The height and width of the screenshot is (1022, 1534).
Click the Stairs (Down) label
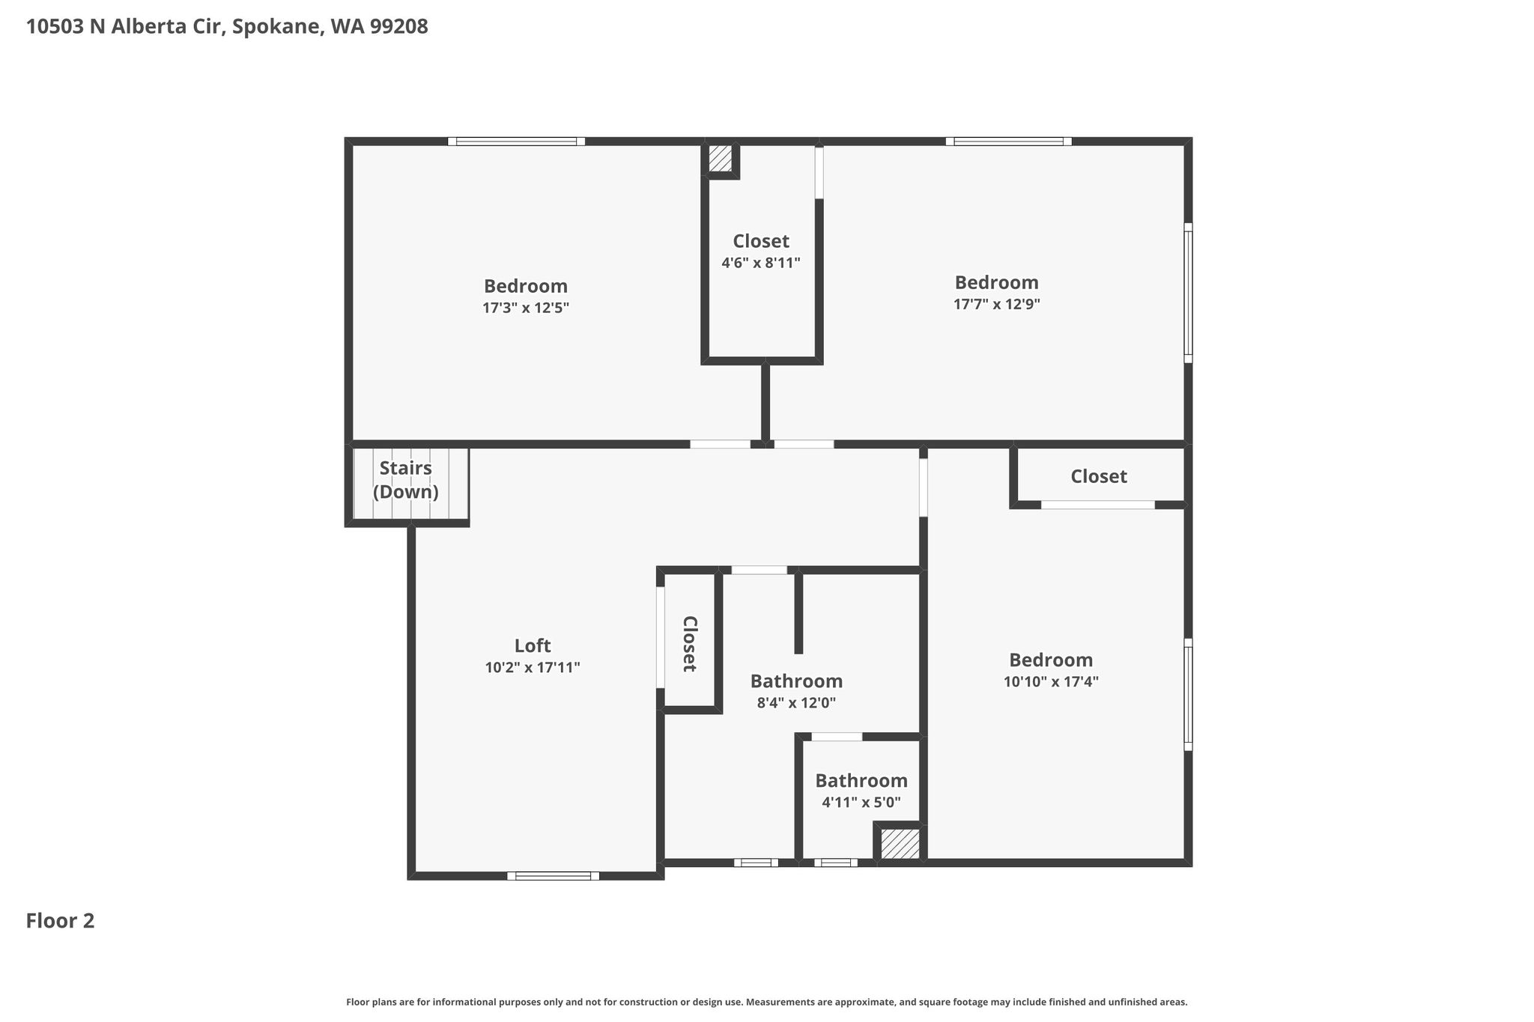click(x=405, y=480)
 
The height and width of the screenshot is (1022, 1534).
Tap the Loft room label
click(x=533, y=645)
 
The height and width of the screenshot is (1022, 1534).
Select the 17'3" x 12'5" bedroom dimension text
click(x=526, y=308)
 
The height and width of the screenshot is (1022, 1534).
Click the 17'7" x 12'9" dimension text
click(x=996, y=304)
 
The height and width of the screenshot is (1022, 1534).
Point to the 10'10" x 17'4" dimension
click(x=1051, y=681)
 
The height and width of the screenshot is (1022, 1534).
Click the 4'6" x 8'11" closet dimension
click(x=761, y=263)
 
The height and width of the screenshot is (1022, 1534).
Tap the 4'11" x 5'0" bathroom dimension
click(x=861, y=802)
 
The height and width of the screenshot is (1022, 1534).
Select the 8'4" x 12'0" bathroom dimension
click(x=796, y=703)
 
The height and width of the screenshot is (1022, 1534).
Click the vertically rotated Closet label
click(x=690, y=644)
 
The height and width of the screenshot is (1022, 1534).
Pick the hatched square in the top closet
click(x=721, y=158)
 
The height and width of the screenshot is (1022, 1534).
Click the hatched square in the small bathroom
click(x=900, y=843)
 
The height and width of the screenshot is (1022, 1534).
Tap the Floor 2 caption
click(x=61, y=921)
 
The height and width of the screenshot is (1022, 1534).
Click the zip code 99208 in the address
click(x=398, y=27)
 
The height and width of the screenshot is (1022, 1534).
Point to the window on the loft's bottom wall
click(x=553, y=876)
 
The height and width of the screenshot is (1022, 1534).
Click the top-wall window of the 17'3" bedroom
click(x=516, y=142)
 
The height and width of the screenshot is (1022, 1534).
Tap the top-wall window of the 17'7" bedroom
click(x=1008, y=142)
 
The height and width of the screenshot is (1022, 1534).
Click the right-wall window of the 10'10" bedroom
click(x=1188, y=694)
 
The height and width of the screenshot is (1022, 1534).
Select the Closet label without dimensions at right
click(x=1098, y=476)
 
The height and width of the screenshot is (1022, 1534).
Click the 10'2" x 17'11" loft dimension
click(x=533, y=667)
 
